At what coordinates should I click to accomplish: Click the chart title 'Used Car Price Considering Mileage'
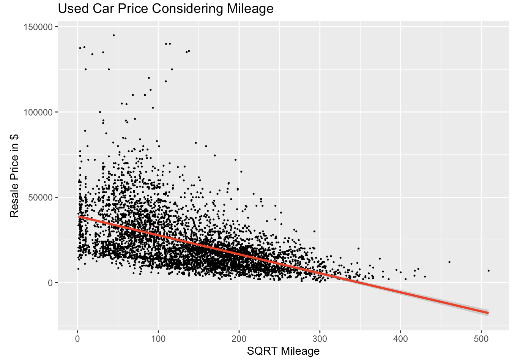click(x=165, y=8)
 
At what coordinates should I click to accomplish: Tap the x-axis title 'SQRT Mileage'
click(x=283, y=351)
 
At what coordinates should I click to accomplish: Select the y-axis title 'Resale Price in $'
click(x=14, y=176)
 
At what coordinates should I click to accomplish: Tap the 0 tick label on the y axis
click(x=50, y=283)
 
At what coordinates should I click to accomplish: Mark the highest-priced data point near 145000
click(x=113, y=35)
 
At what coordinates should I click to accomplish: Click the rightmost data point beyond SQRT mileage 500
click(x=488, y=271)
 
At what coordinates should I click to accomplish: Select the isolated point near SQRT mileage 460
click(x=449, y=262)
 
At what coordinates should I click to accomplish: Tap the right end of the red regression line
click(x=488, y=313)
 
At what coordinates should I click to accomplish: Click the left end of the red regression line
click(x=79, y=216)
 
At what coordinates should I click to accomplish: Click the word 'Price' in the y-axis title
click(x=14, y=169)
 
